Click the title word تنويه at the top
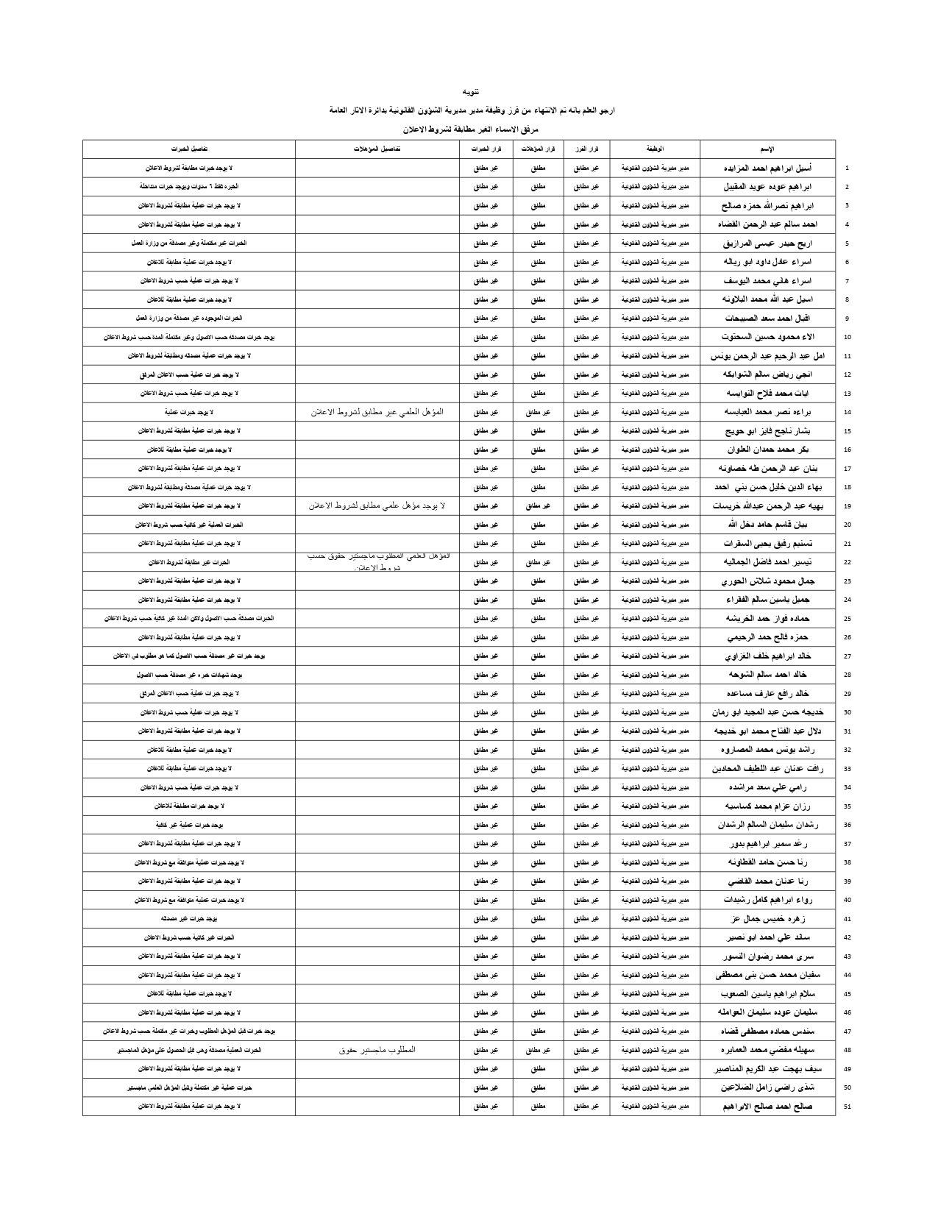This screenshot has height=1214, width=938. [x=469, y=92]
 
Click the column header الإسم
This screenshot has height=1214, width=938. [x=767, y=149]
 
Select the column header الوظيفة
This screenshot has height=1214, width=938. [x=654, y=149]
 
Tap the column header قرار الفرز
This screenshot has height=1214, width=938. [x=586, y=149]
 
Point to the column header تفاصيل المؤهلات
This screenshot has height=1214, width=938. [x=377, y=149]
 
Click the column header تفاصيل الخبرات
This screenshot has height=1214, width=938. [x=189, y=149]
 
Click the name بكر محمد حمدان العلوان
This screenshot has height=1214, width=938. [x=769, y=449]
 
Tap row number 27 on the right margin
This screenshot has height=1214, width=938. [x=848, y=656]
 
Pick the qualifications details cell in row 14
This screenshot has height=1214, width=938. [x=377, y=412]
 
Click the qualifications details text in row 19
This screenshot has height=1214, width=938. [x=377, y=505]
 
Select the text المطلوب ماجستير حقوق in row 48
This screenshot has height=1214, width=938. [x=377, y=1049]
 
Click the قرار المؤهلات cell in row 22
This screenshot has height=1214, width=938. [x=538, y=562]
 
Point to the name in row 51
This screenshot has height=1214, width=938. [x=768, y=1106]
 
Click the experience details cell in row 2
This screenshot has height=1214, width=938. [x=189, y=187]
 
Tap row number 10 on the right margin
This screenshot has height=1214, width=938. [x=848, y=337]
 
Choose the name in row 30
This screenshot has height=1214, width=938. [x=768, y=711]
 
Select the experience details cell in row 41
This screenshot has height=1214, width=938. [x=189, y=918]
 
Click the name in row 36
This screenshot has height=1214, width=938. [x=768, y=824]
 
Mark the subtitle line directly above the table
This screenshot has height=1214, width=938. [x=469, y=129]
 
